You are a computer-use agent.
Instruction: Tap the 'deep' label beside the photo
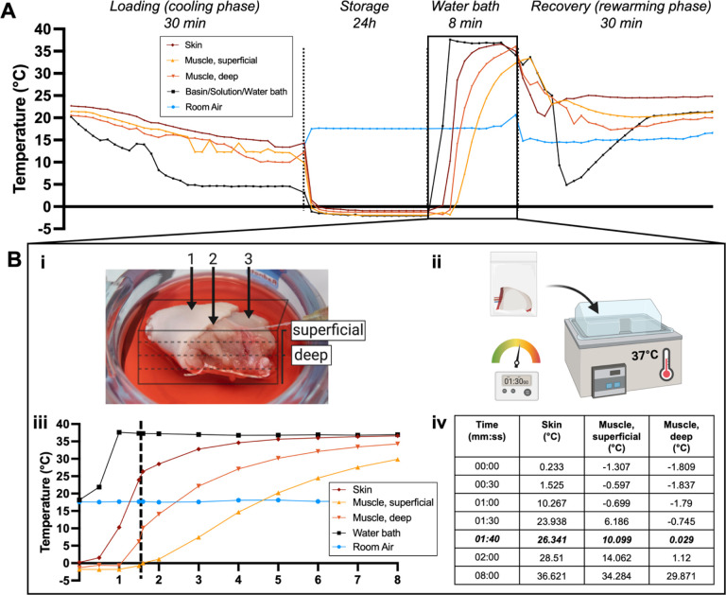311,354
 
